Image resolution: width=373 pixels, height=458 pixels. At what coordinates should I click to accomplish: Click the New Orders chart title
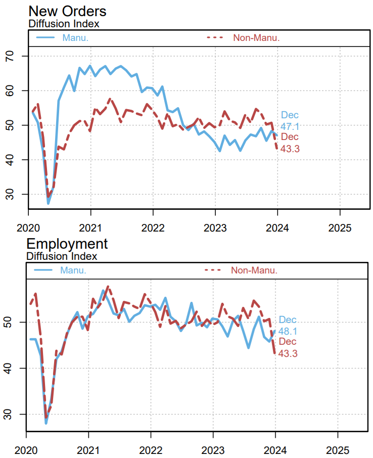(67, 11)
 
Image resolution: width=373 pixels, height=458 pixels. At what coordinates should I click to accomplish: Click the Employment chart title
(67, 244)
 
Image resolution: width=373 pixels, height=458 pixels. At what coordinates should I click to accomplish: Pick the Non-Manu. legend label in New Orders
(256, 37)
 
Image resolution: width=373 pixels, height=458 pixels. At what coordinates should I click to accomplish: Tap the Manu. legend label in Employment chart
(73, 270)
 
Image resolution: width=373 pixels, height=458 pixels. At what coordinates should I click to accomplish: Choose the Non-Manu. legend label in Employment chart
(254, 270)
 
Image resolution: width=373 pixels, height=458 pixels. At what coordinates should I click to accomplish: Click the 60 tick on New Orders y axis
(20, 90)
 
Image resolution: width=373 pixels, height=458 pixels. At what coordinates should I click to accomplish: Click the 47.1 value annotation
(290, 126)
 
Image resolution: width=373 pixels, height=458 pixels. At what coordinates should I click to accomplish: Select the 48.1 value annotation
(288, 331)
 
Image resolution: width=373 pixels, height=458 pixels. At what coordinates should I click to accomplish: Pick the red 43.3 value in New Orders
(290, 148)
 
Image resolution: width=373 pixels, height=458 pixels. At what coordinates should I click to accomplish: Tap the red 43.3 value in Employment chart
(288, 354)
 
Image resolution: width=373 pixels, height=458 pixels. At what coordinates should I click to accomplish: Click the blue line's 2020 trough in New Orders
(48, 203)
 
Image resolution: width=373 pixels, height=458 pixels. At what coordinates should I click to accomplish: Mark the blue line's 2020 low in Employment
(46, 423)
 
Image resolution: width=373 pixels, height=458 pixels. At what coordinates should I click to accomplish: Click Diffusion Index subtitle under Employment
(62, 256)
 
